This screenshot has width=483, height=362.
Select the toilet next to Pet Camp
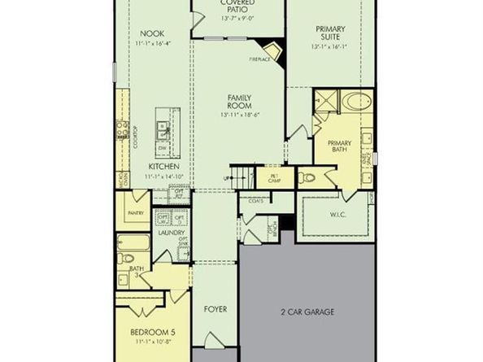click(x=307, y=177)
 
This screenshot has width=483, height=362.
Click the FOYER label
click(x=215, y=310)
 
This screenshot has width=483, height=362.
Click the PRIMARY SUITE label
click(x=332, y=33)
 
